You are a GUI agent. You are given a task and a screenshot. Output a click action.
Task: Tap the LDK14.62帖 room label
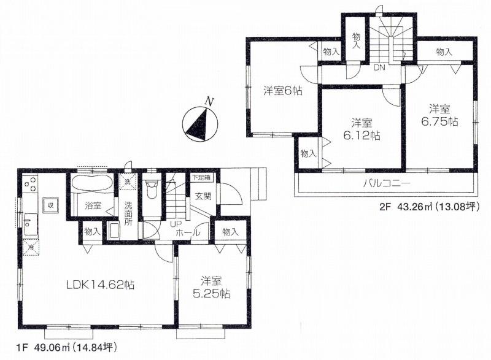pyautogui.click(x=100, y=285)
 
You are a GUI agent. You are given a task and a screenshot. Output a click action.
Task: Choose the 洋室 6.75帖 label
pyautogui.click(x=439, y=115)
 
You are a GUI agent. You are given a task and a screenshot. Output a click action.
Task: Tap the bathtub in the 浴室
pyautogui.click(x=90, y=183)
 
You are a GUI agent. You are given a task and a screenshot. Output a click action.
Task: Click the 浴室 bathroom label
pyautogui.click(x=93, y=207)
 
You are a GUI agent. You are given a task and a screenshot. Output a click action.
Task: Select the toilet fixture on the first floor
pyautogui.click(x=152, y=187)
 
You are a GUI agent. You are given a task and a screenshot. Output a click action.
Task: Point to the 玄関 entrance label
pyautogui.click(x=203, y=196)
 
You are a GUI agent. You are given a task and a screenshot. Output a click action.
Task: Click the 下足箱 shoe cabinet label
pyautogui.click(x=199, y=177)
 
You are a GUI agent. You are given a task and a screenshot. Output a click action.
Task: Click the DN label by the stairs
pyautogui.click(x=379, y=67)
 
